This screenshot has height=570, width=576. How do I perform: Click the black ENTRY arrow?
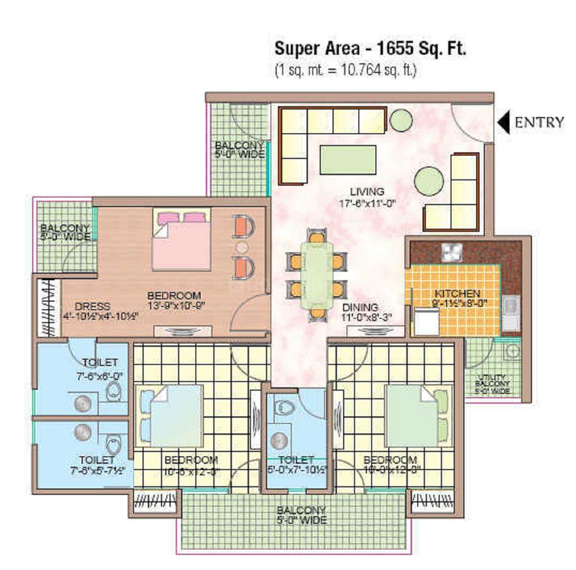503,122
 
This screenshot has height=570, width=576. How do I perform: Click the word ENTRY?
539,122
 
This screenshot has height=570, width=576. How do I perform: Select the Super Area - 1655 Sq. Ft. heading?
370,50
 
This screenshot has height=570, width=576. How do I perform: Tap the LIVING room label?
366,191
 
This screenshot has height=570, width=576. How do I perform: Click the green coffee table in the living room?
348,159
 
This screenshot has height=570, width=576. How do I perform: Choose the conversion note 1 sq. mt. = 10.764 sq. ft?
345,70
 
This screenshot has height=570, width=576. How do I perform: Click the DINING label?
359,307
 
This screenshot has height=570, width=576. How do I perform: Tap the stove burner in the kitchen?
451,250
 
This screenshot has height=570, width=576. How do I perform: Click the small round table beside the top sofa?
401,120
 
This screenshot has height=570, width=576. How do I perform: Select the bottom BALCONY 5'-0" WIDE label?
302,515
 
